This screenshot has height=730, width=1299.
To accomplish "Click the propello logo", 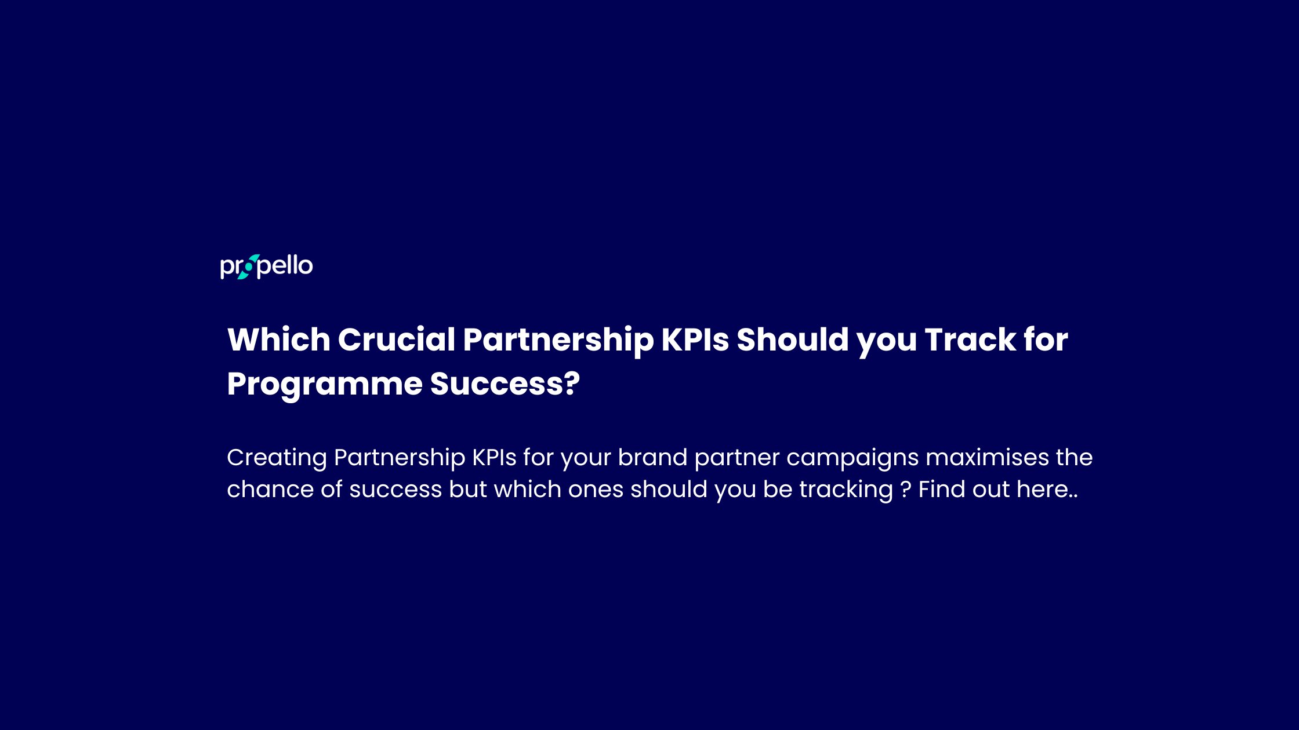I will tap(266, 267).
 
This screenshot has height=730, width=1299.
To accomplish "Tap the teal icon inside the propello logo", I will tap(249, 267).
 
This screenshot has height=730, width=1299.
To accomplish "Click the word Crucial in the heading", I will tap(397, 340).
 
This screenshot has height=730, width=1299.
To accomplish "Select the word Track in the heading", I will tap(970, 340).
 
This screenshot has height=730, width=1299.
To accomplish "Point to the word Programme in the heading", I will tap(325, 384).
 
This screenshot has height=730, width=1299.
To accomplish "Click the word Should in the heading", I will tap(793, 340).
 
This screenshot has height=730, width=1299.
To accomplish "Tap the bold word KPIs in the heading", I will tap(695, 340).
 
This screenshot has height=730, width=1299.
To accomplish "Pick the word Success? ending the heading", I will tap(505, 384).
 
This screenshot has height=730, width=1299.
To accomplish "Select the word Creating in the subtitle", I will tap(277, 458).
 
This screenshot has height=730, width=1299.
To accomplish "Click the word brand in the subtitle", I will tap(652, 458).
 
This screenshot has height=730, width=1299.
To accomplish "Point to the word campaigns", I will tap(852, 458).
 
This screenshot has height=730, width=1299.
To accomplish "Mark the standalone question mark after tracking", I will tap(905, 490).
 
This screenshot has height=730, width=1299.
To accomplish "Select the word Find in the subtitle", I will tap(942, 490).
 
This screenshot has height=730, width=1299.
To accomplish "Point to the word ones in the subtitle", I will tap(596, 490).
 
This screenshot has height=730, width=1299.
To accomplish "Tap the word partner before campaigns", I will tap(736, 458).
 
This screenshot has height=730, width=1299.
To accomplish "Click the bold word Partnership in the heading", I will tap(558, 340).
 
